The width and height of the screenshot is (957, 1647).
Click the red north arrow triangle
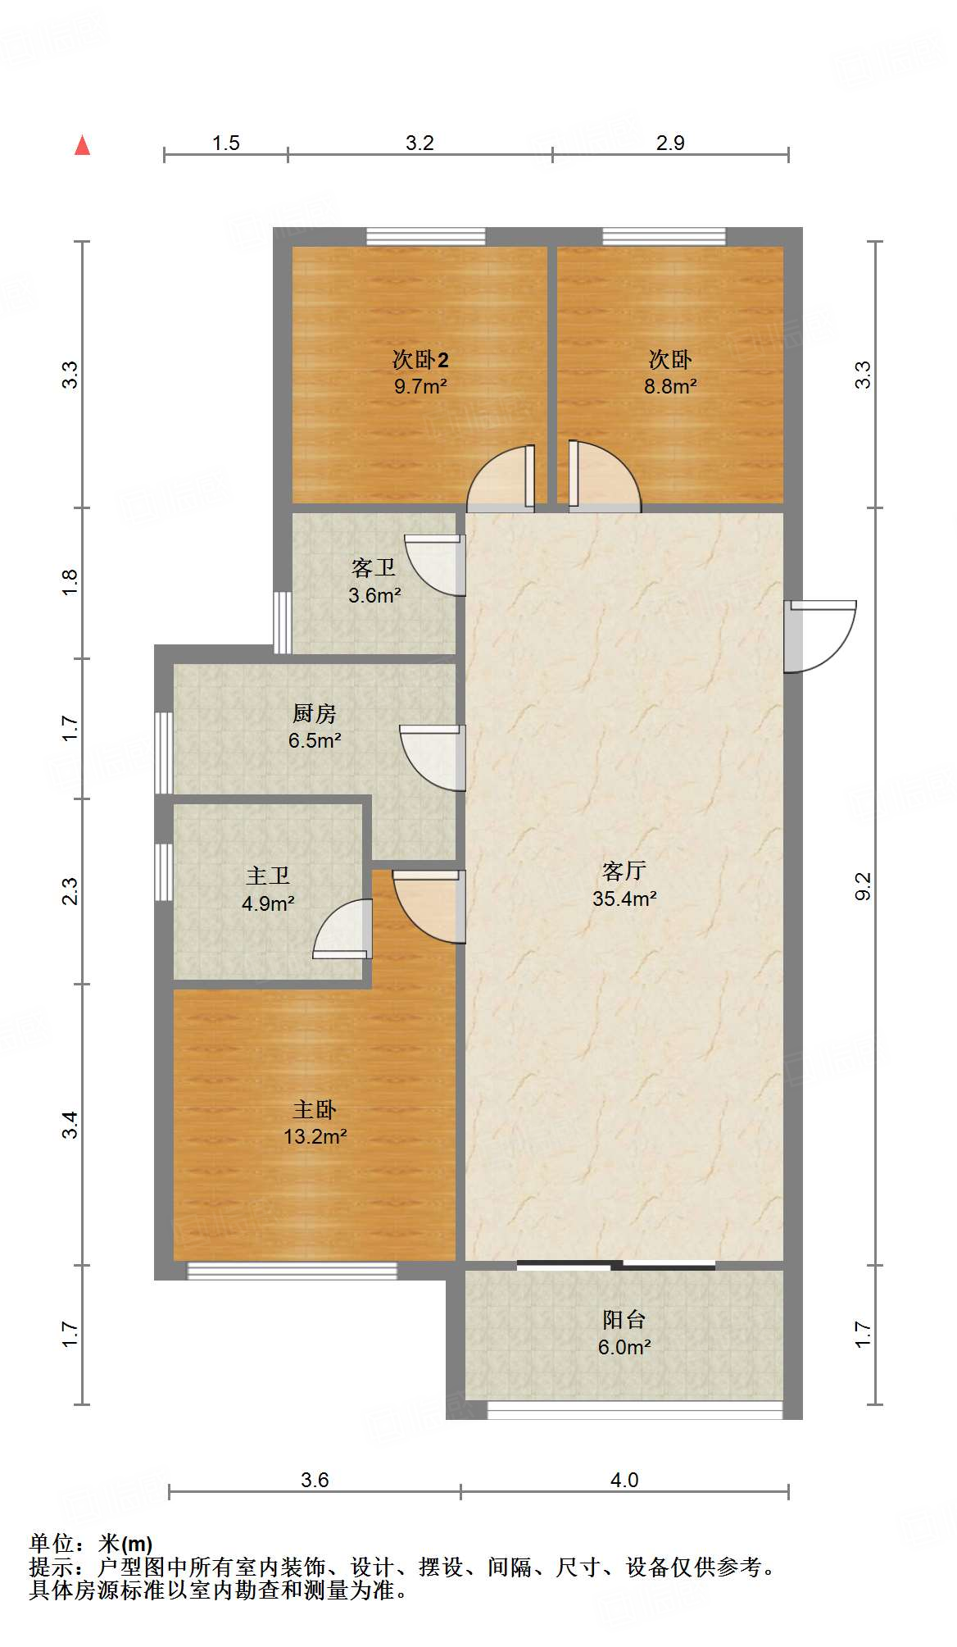click(82, 145)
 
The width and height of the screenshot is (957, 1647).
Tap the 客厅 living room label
click(624, 870)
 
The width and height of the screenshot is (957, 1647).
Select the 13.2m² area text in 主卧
click(315, 1136)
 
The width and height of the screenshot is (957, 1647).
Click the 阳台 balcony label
click(624, 1319)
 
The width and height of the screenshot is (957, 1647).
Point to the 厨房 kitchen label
click(315, 713)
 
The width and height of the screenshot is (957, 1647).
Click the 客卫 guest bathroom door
click(438, 564)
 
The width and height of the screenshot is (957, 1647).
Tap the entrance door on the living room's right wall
click(819, 635)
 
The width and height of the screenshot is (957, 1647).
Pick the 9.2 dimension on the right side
click(863, 885)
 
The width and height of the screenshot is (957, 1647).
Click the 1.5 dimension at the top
click(225, 143)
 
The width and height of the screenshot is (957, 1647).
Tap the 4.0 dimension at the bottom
click(624, 1480)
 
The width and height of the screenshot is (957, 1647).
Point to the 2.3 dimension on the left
click(70, 890)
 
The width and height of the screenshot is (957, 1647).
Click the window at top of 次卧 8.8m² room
click(664, 236)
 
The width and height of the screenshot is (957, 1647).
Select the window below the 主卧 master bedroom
click(293, 1271)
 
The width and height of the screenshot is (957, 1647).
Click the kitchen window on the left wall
click(164, 753)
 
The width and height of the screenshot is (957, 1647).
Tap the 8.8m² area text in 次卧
click(669, 386)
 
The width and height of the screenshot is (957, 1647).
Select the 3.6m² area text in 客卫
click(374, 595)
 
